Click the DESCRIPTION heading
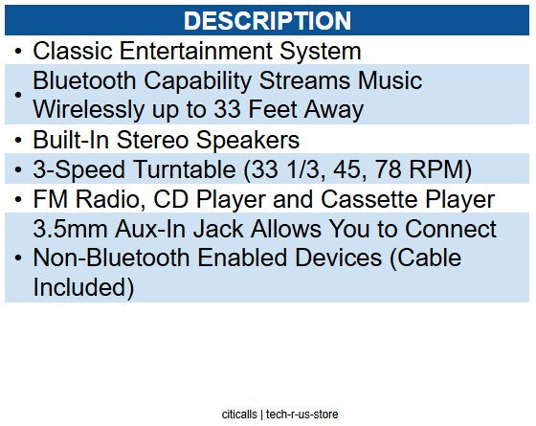point(267,20)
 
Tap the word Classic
point(70,51)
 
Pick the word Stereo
point(169,140)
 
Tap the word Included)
point(82,287)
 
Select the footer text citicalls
point(238,415)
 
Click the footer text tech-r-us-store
point(301,415)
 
